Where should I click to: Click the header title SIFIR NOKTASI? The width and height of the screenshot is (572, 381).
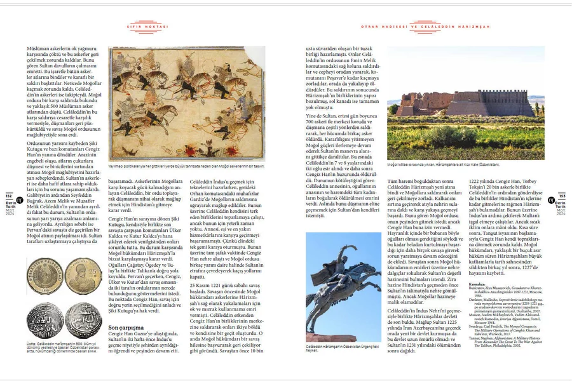point(153,27)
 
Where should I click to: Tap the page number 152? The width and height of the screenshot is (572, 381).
point(8,196)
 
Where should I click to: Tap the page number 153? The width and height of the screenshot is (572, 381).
point(563,196)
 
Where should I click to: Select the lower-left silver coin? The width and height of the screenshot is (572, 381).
point(44,321)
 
